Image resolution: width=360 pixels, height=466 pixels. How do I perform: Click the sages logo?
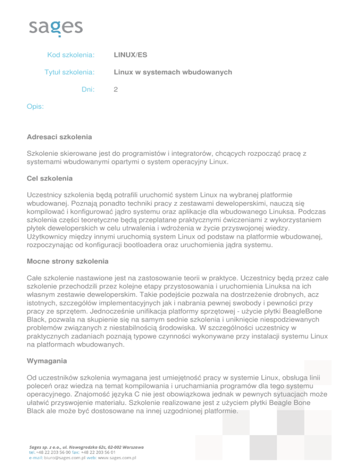pyautogui.click(x=56, y=28)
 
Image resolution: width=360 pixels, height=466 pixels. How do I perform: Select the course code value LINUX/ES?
pyautogui.click(x=130, y=55)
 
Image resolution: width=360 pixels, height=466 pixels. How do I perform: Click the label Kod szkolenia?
pyautogui.click(x=71, y=55)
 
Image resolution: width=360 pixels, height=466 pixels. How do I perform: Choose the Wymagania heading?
pyautogui.click(x=47, y=362)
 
